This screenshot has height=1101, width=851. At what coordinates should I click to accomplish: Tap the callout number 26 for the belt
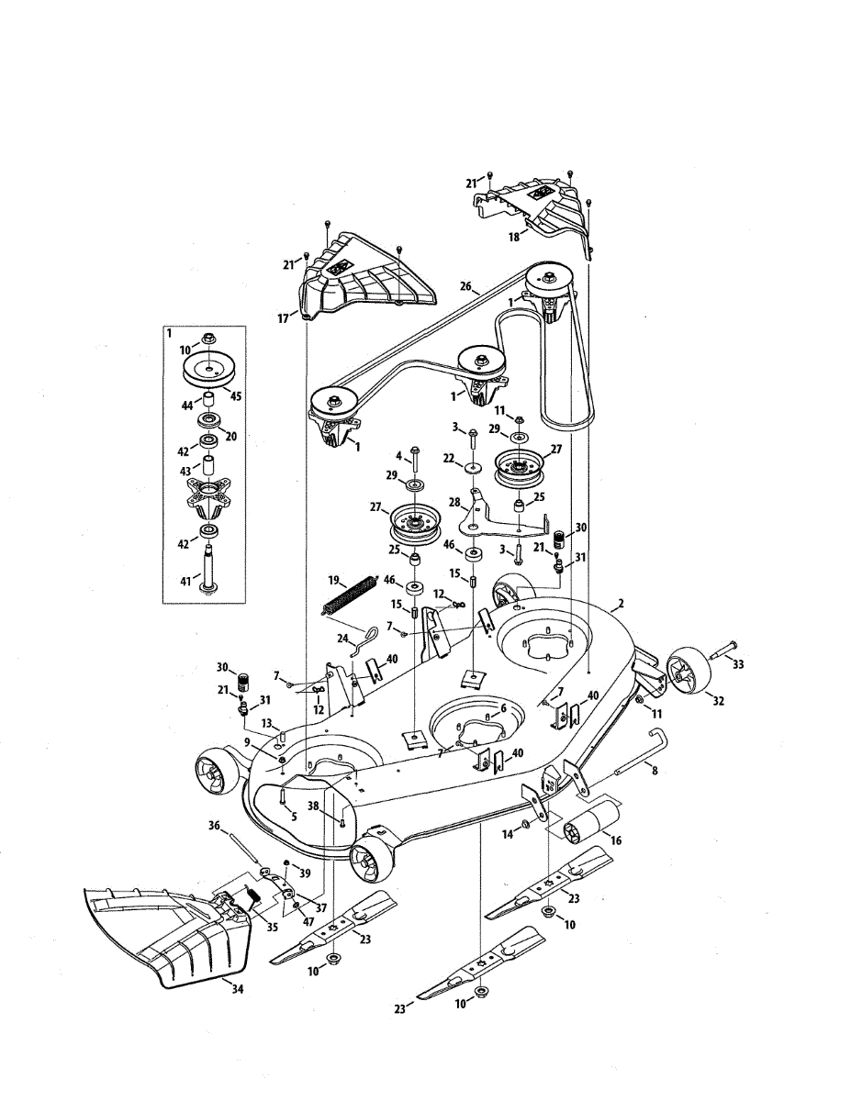click(465, 287)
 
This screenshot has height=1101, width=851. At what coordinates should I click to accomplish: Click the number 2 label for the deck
click(621, 604)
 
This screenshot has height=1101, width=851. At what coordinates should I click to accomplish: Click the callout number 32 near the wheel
click(718, 701)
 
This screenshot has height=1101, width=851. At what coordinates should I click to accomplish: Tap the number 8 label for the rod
click(655, 771)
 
